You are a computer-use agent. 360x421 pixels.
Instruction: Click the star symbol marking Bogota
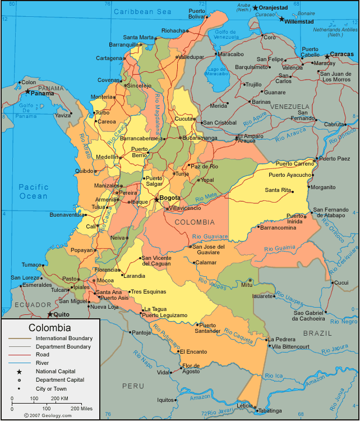pos(156,199)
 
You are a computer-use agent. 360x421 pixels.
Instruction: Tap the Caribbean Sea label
pos(142,11)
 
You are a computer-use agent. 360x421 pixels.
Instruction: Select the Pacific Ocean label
pos(33,191)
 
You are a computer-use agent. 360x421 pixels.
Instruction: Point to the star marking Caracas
pos(327,56)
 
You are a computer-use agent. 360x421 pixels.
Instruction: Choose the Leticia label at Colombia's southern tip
pos(244,405)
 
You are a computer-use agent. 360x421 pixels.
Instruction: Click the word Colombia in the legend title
pos(50,328)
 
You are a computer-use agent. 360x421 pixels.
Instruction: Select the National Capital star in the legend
pos(19,372)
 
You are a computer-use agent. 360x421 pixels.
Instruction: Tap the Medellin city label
pos(107,157)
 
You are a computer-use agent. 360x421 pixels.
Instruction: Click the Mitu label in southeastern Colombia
pos(247,285)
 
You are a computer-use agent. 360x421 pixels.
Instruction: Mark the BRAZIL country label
pos(317,333)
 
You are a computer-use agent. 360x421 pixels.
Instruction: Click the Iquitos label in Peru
pos(166,400)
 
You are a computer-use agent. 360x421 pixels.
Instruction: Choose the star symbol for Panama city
pos(27,91)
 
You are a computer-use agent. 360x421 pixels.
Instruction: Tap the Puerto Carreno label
pos(295,164)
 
